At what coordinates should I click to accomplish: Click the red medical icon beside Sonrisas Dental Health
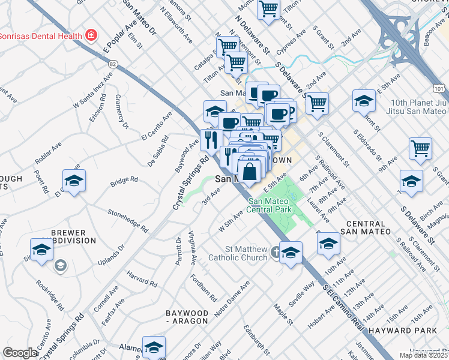coord(91,35)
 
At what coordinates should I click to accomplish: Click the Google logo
coord(20,353)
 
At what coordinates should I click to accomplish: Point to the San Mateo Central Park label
coord(270,206)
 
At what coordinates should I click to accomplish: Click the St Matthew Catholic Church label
coord(237,253)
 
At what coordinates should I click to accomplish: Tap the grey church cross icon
coord(274,252)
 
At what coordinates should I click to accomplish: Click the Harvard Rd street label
coord(141,278)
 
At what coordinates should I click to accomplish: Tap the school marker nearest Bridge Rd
coord(74,181)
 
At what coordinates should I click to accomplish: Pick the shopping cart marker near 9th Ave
coord(421,148)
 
